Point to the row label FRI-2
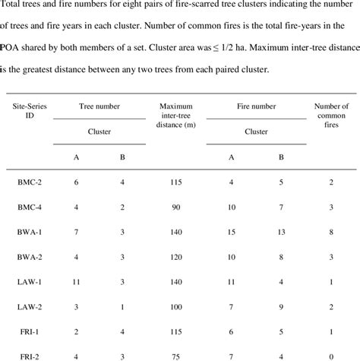tap(30, 354)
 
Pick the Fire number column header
tap(255, 108)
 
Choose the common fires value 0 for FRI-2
tap(331, 354)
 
